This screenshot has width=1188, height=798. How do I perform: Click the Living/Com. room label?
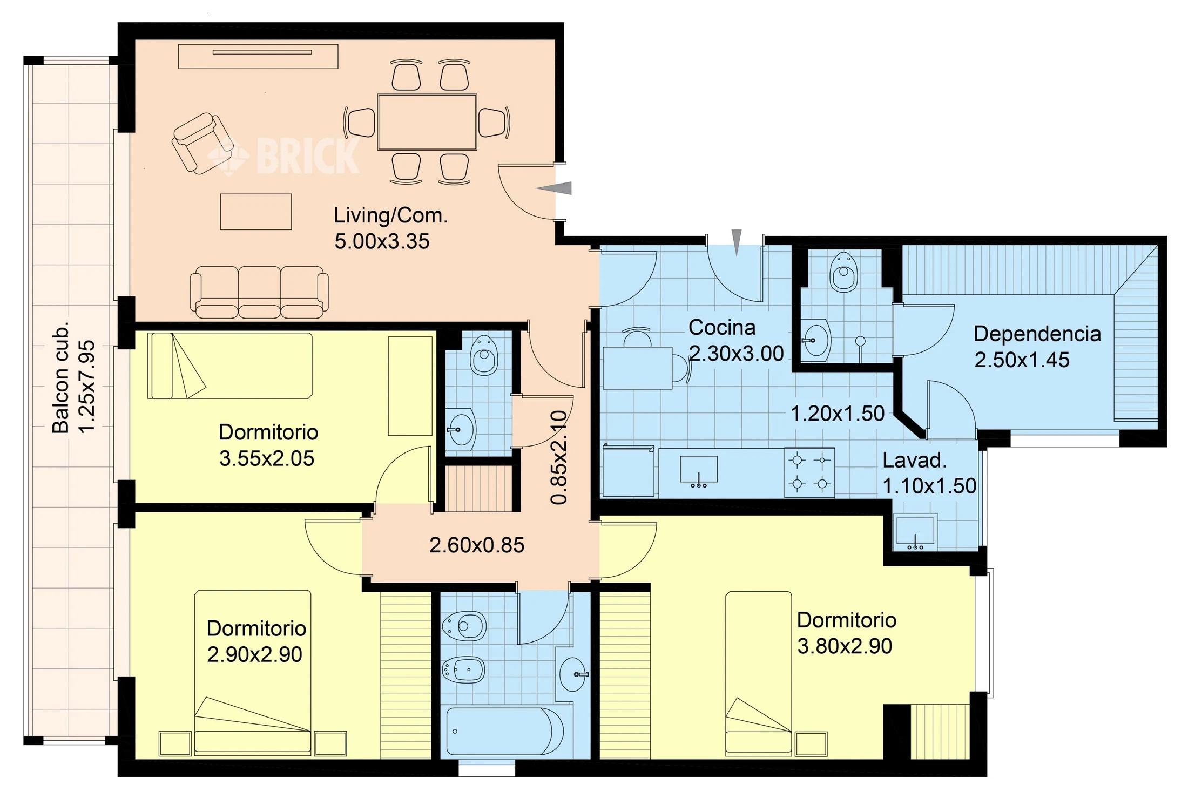391,215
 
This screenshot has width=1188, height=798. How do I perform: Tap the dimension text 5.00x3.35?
382,241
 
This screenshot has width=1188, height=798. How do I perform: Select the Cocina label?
722,327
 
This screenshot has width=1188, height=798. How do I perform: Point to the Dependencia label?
1037,334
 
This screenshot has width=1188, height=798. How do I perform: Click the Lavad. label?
915,461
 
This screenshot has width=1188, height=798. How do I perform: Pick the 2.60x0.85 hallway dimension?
477,545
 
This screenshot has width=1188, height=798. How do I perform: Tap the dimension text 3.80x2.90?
845,646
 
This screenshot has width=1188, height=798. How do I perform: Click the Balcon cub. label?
60,378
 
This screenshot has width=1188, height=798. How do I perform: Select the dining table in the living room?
427,122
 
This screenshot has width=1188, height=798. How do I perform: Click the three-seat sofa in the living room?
259,292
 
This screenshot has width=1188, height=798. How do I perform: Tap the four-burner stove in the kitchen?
809,472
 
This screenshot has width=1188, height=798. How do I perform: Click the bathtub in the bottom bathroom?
505,732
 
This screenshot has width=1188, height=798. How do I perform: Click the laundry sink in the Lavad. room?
915,532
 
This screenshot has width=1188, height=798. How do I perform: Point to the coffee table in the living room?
256,212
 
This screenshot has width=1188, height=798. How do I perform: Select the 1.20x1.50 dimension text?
838,414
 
